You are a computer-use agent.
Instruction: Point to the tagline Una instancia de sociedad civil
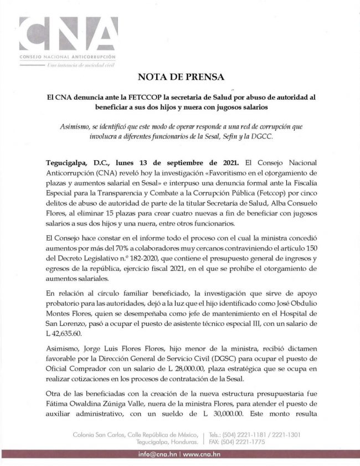[x=80, y=65]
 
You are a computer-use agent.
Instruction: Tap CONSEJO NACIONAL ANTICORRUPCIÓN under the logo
[x=68, y=57]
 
